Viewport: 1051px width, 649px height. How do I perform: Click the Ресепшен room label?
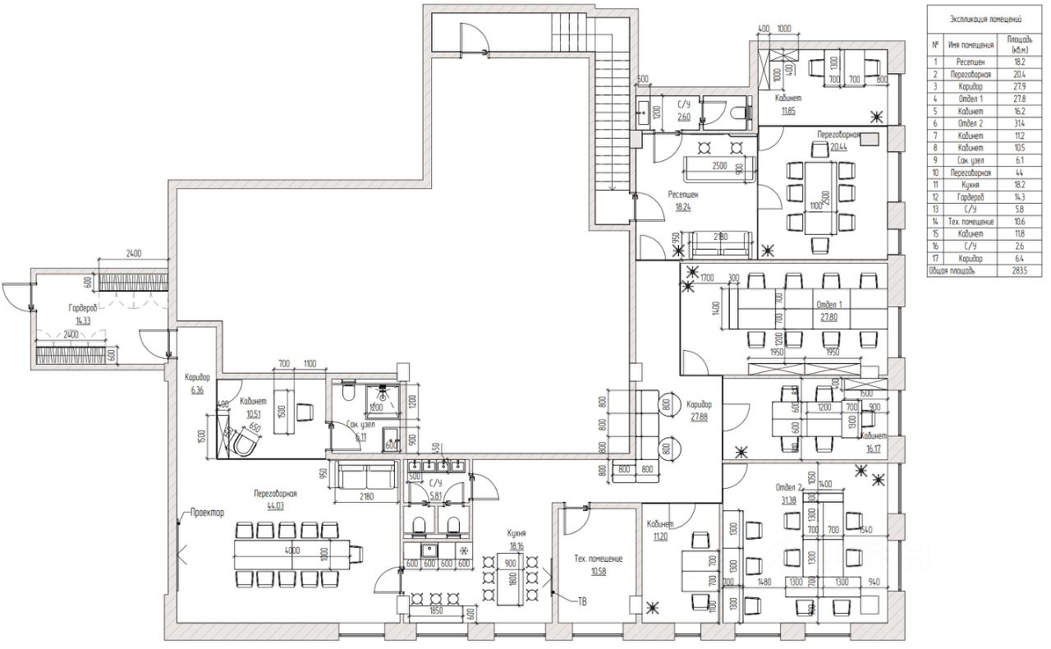tap(683, 196)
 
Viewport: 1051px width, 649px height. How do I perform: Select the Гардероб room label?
tap(83, 307)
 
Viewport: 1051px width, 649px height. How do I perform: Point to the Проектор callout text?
tap(207, 513)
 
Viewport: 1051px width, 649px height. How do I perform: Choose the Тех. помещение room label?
tap(598, 559)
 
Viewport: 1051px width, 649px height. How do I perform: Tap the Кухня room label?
tap(516, 533)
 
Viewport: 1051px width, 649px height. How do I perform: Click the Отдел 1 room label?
tap(829, 304)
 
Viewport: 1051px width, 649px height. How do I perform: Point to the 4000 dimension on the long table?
tap(292, 550)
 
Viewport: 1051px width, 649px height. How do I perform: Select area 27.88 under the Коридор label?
tap(700, 417)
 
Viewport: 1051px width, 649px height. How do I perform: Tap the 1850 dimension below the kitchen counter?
tap(434, 612)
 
